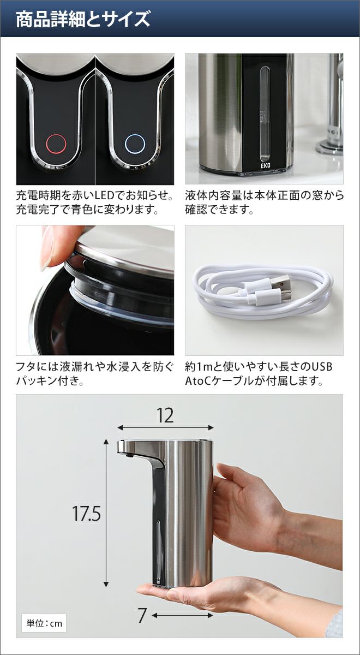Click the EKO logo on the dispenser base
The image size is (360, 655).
[265, 165]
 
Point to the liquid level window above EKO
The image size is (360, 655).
[265, 114]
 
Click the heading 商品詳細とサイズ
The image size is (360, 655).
[83, 19]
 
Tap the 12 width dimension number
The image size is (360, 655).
[165, 415]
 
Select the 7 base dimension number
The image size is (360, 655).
[142, 608]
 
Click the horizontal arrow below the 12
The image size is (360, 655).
[165, 428]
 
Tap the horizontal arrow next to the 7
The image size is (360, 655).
[182, 608]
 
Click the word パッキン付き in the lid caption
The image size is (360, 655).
[47, 381]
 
